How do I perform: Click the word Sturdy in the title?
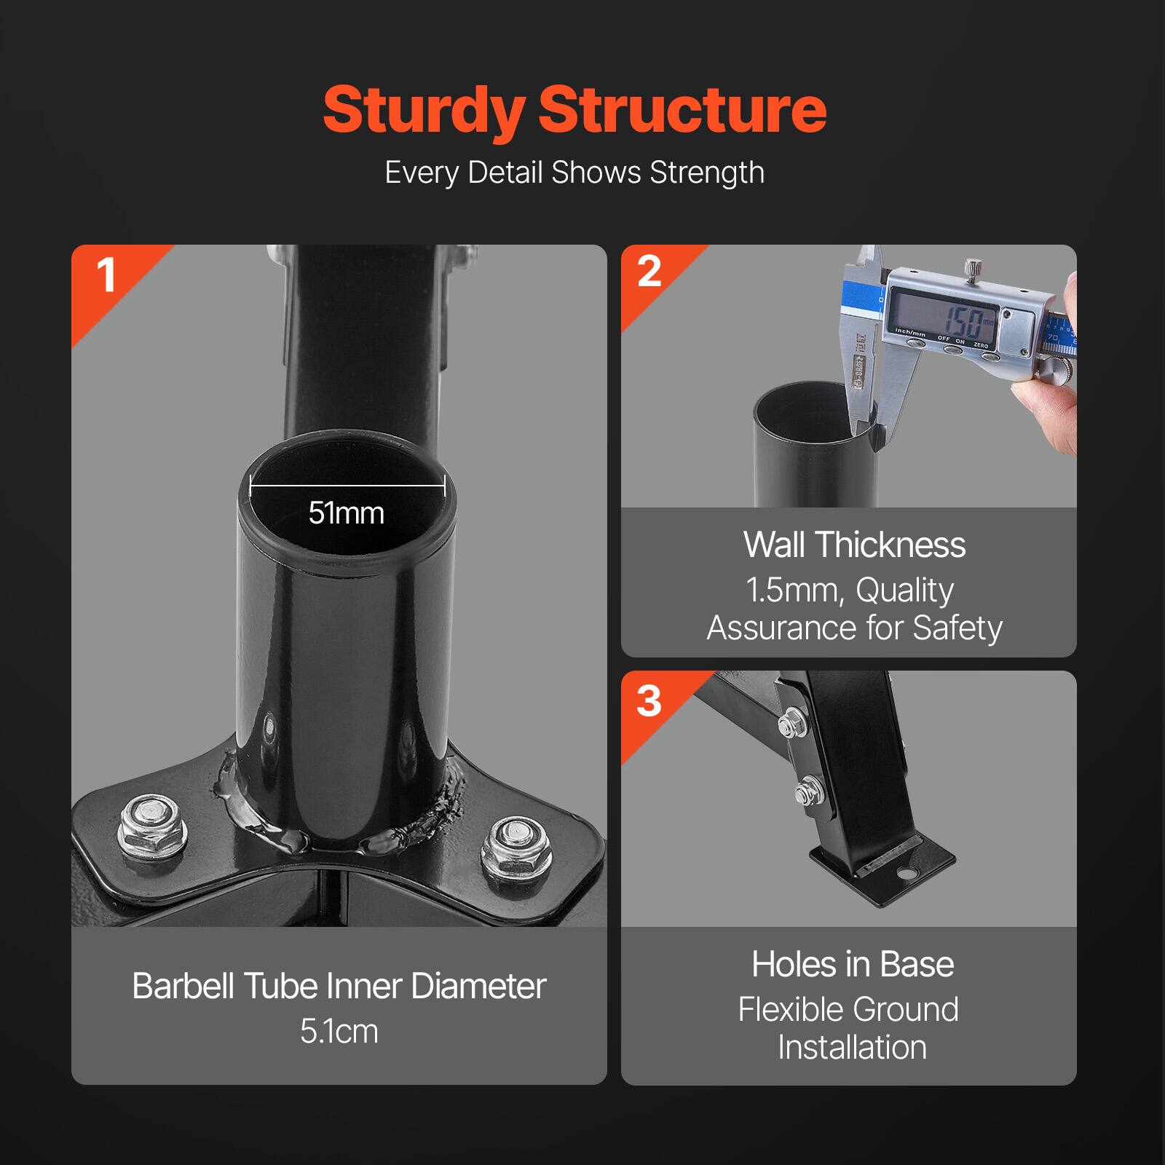pos(424,111)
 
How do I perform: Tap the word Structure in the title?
pos(682,111)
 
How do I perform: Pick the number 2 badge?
pos(649,272)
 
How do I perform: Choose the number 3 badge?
pos(649,701)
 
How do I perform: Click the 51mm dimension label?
pos(346,513)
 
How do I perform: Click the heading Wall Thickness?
pos(854,545)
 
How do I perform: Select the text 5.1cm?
pos(339,1031)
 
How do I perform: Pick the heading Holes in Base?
pos(853,964)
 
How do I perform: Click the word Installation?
pos(852,1048)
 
